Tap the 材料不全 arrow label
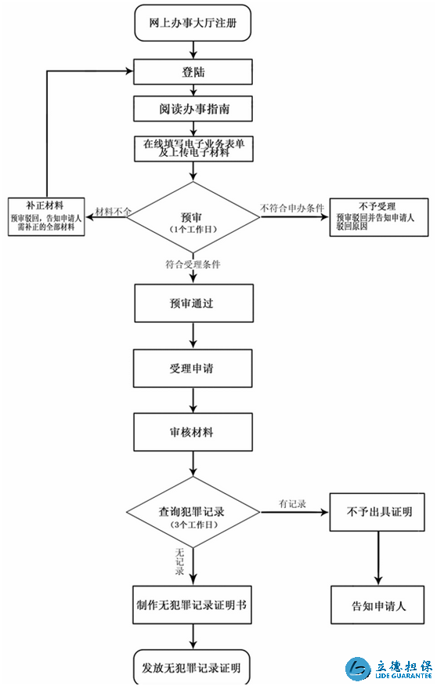[x=114, y=212]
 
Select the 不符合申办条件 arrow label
[x=292, y=208]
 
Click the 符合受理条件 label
[x=193, y=264]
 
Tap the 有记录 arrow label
[x=292, y=504]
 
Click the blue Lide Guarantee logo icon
[x=358, y=669]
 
